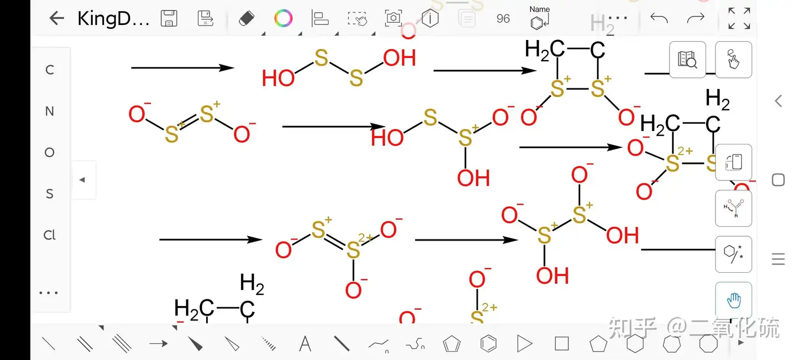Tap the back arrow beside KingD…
[x=57, y=18]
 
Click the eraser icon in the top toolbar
[x=246, y=18]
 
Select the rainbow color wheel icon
[x=283, y=18]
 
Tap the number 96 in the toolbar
[x=503, y=18]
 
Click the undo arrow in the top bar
[x=659, y=18]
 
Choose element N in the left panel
[x=49, y=111]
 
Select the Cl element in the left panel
[x=49, y=235]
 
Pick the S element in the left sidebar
[x=49, y=194]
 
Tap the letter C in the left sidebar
[x=49, y=70]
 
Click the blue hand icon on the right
[x=733, y=301]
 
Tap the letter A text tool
[x=305, y=344]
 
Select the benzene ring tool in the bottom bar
[x=488, y=344]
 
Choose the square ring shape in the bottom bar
[x=562, y=344]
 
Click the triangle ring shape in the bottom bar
[x=524, y=344]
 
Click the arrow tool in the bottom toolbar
[x=158, y=344]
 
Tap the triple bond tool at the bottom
[x=122, y=344]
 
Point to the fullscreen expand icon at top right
[x=739, y=18]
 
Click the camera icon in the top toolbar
[x=393, y=18]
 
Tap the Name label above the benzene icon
[x=539, y=9]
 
